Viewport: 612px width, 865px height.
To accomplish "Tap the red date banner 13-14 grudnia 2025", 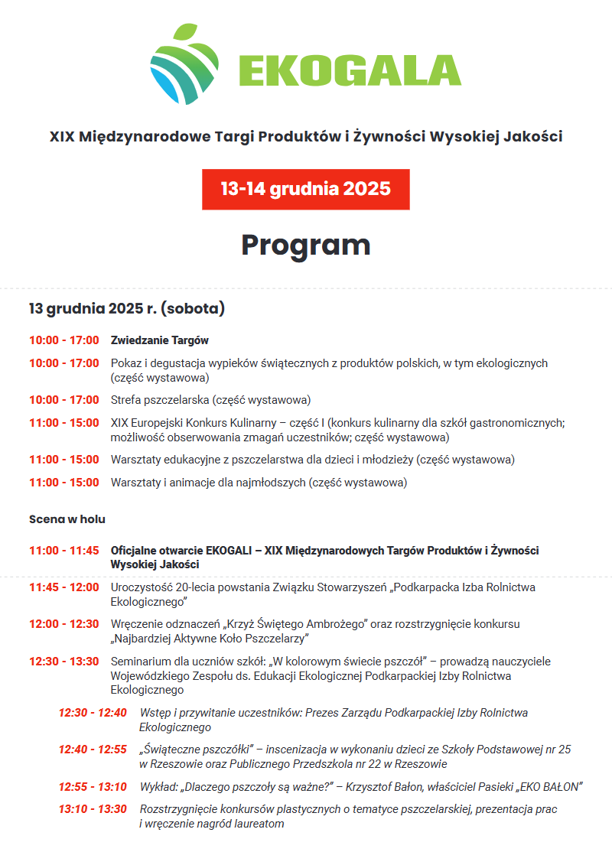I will [306, 189].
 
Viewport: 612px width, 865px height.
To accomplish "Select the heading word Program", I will [306, 245].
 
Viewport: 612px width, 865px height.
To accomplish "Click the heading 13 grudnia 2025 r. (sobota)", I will [127, 309].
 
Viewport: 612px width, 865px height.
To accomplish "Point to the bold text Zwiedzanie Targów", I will [160, 340].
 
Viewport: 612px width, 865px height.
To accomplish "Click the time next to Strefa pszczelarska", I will [64, 400].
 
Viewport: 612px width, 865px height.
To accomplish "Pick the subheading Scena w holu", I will [67, 519].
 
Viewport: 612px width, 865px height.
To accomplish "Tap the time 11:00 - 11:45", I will [64, 551].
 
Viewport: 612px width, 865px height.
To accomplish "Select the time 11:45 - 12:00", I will [64, 587].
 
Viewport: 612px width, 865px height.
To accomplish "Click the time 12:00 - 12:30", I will [64, 624].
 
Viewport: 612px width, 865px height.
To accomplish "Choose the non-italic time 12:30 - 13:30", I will [64, 662].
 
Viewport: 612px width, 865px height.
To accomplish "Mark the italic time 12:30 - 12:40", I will [93, 713].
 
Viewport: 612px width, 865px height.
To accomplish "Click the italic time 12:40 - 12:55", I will [93, 750].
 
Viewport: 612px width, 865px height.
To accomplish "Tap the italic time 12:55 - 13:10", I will [93, 787].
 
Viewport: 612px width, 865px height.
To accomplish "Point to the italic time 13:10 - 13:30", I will [93, 809].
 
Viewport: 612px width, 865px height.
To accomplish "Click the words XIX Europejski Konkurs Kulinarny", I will [197, 423].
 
